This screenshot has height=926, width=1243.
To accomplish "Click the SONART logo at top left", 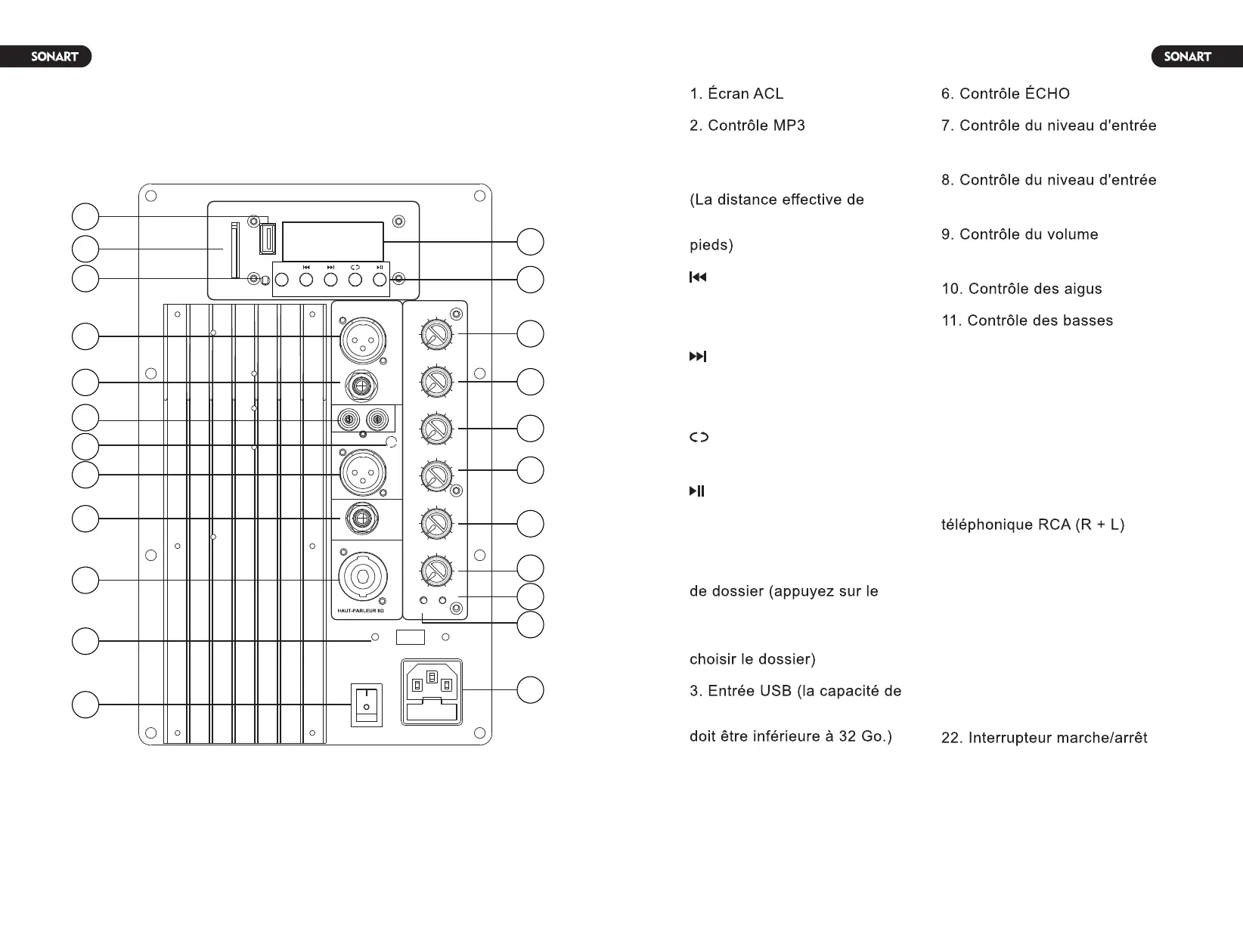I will [54, 57].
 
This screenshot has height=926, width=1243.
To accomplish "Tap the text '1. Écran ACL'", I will [736, 94].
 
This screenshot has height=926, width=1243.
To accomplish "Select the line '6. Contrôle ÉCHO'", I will [1005, 94].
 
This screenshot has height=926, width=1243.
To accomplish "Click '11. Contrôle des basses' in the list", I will [1027, 321].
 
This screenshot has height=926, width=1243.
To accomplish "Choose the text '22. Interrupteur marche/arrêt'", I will [1043, 738].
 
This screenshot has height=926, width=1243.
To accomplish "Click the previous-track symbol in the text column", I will [698, 277].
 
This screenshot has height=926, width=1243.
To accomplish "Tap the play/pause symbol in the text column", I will [697, 491].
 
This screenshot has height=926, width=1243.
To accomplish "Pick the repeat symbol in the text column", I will [699, 437].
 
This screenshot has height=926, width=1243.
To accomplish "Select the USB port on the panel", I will [267, 238].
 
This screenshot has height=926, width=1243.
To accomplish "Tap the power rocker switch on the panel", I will [367, 705].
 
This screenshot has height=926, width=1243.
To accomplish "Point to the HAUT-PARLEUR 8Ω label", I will [361, 610].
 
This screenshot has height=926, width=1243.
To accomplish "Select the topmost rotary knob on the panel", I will [436, 334].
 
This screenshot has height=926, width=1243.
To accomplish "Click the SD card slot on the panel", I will [234, 249].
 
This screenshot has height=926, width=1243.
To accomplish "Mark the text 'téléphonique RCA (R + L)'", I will [1032, 525].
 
